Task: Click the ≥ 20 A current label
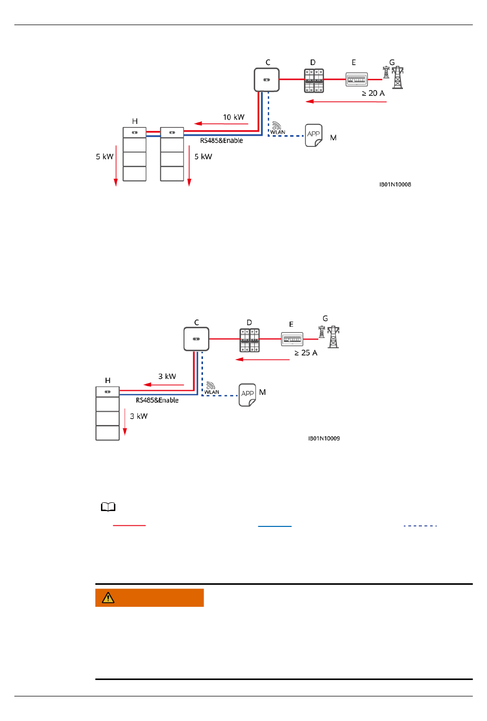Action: tap(373, 93)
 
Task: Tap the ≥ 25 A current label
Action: tap(306, 353)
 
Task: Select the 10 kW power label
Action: tap(233, 117)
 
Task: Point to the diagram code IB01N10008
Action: tap(395, 184)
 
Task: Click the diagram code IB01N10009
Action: tap(324, 438)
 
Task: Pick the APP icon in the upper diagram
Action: tap(314, 135)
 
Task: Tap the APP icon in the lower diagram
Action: tap(248, 395)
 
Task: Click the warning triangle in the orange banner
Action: tap(108, 598)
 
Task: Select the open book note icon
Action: tap(108, 507)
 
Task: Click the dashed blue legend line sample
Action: tap(420, 526)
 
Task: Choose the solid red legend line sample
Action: tap(129, 525)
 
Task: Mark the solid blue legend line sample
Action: tap(275, 526)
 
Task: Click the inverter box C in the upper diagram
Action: tap(267, 80)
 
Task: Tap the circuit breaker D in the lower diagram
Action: tap(250, 340)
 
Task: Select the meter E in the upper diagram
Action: tap(356, 79)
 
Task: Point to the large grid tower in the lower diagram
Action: tap(334, 337)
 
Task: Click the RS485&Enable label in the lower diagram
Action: tap(157, 400)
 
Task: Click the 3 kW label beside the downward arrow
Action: tap(138, 416)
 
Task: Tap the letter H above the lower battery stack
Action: tap(108, 380)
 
